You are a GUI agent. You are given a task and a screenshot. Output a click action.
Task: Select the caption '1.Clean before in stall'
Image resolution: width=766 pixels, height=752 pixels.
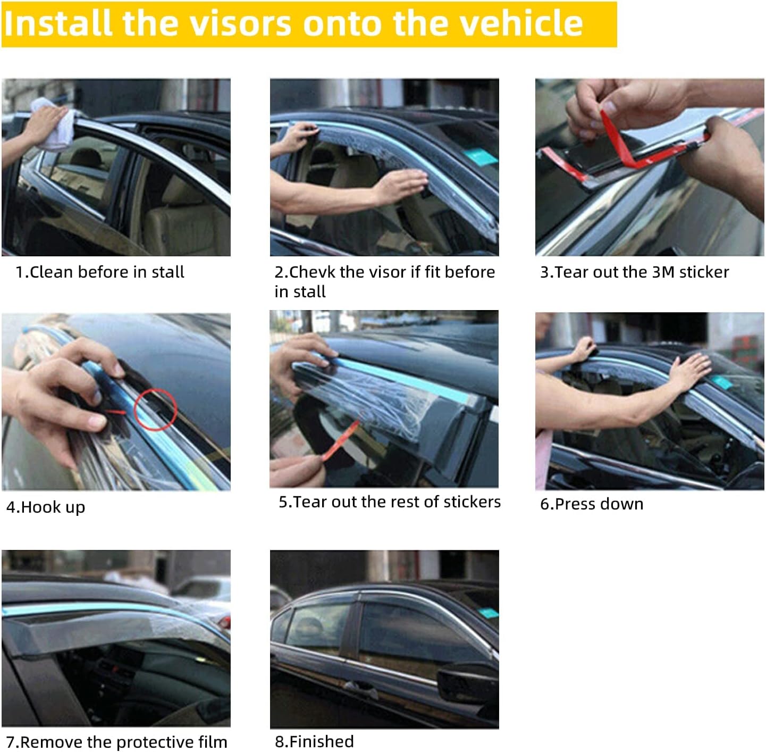coord(100,272)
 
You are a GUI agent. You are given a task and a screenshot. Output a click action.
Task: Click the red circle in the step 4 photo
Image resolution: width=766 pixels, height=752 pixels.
coord(155,408)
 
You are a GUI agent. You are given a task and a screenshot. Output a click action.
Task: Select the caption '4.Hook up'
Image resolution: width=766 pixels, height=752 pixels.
coord(46,507)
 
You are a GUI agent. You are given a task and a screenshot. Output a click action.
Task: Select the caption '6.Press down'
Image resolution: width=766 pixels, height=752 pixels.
coord(592,504)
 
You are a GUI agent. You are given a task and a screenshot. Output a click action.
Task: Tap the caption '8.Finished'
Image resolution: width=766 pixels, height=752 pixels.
coord(314,741)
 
